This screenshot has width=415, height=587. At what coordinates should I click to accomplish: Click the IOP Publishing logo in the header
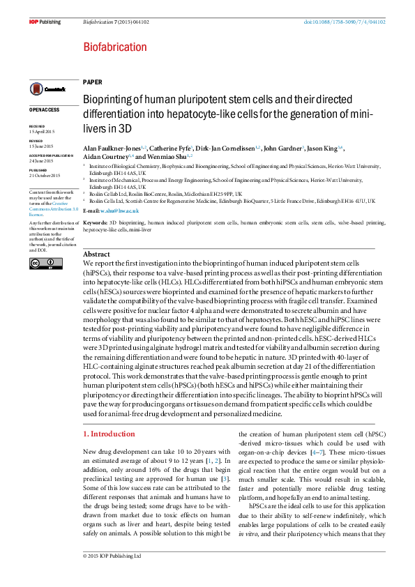point(45,22)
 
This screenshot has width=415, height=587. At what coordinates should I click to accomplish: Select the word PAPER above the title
point(92,82)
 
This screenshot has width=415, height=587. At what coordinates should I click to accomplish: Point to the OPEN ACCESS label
point(44,109)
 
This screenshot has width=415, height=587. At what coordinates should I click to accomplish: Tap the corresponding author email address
point(119,210)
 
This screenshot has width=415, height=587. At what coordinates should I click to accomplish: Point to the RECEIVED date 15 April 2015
point(41,132)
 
